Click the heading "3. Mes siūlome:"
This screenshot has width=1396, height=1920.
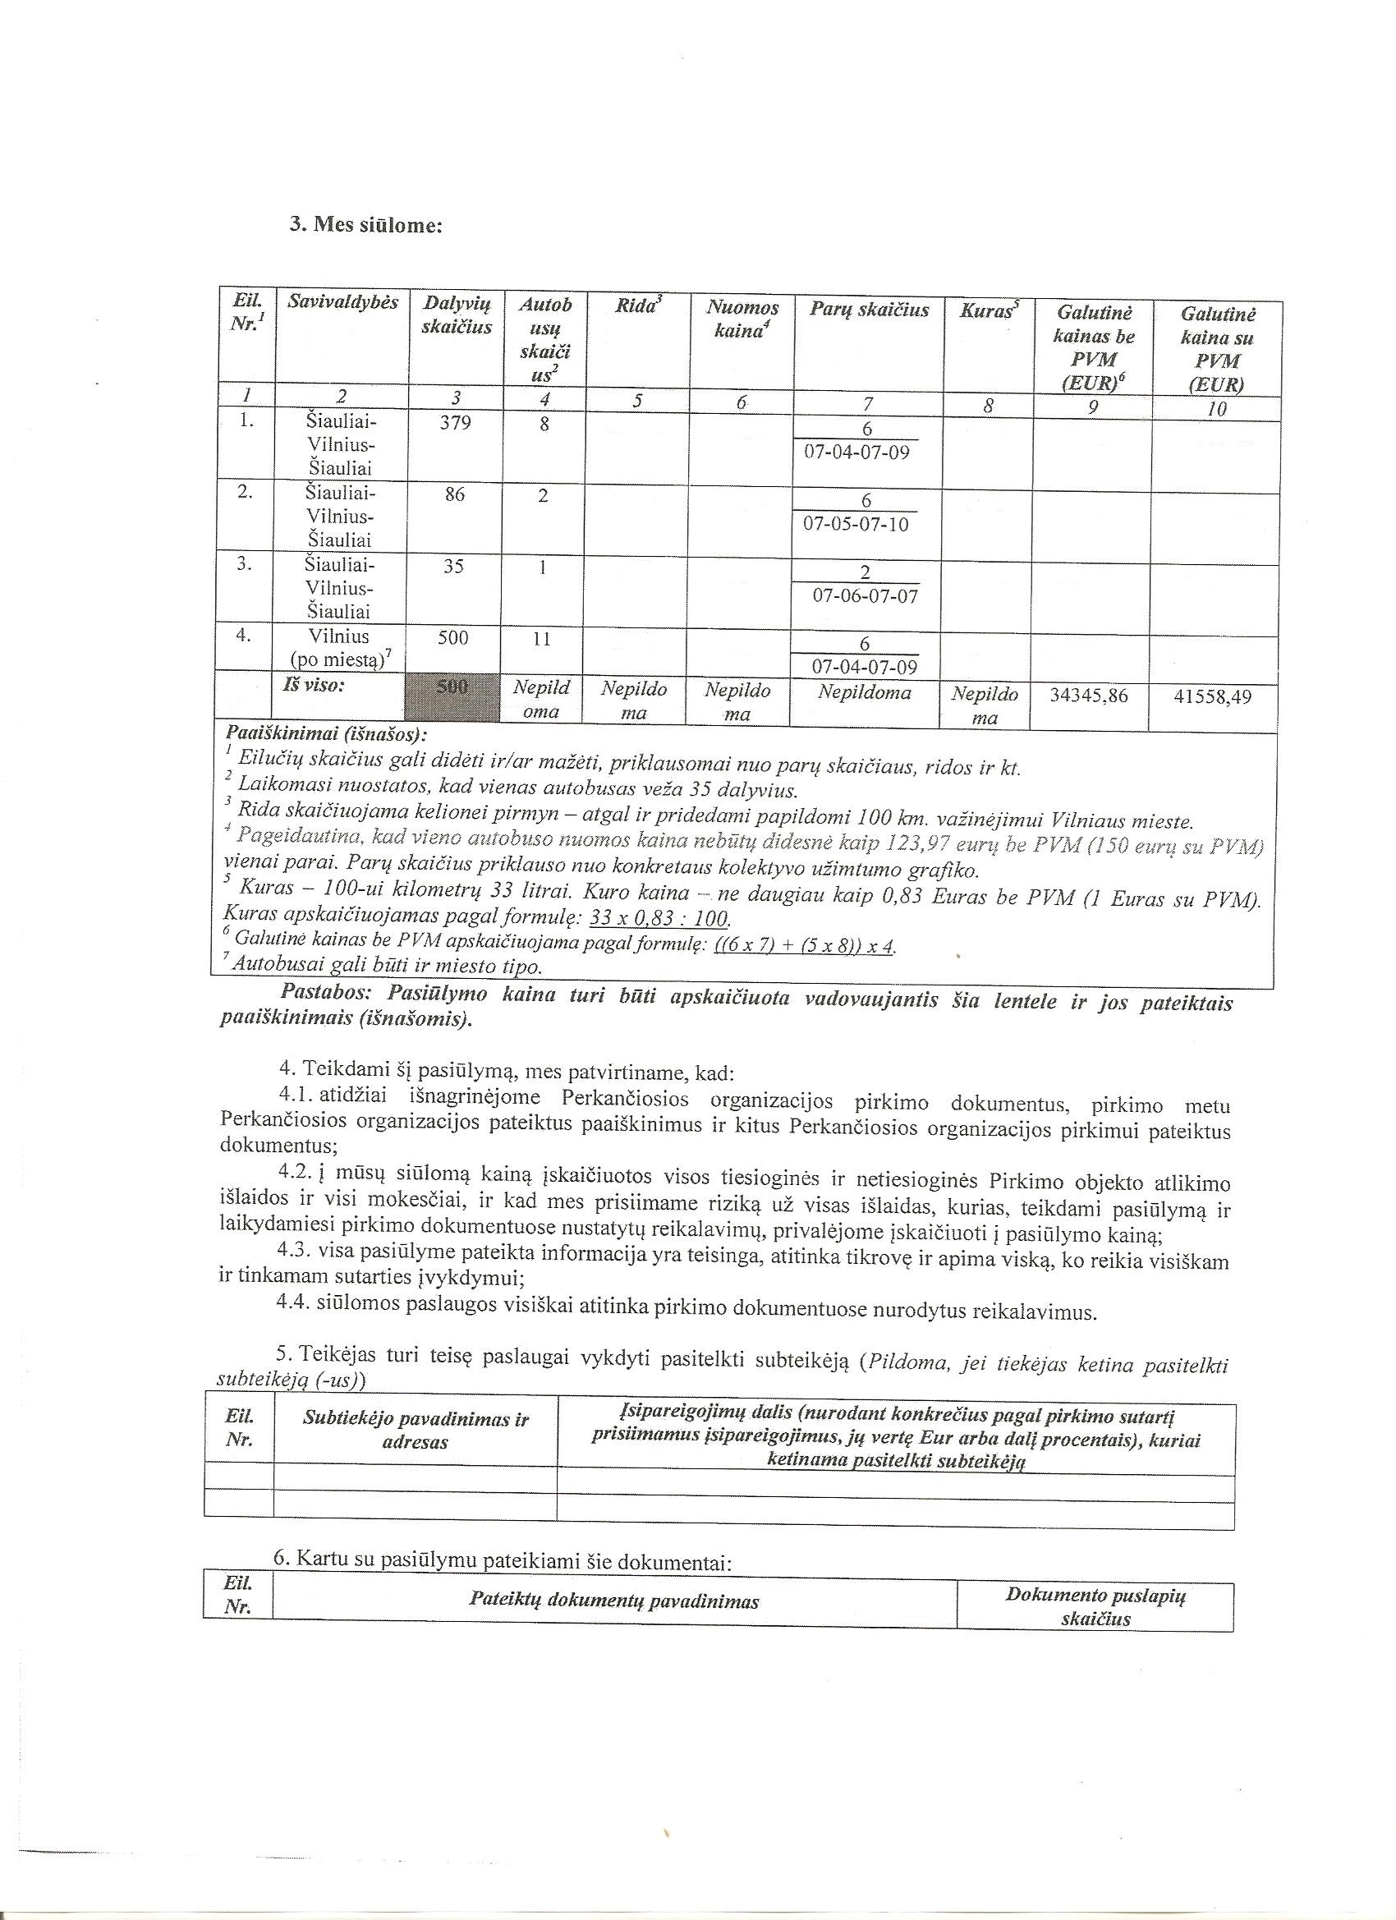tap(365, 225)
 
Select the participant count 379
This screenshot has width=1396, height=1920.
tap(455, 421)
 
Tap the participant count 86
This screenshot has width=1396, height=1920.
tap(455, 494)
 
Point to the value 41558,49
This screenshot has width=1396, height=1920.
tap(1212, 696)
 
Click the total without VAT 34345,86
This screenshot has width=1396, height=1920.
tap(1089, 696)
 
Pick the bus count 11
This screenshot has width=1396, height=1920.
tap(542, 639)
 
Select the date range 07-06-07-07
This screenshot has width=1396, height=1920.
tap(865, 596)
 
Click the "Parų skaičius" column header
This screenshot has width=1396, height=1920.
tap(869, 310)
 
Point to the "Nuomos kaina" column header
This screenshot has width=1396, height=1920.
tap(742, 319)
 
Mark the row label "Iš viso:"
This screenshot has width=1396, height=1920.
tap(313, 685)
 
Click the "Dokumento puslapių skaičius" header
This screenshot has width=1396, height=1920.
tap(1095, 1607)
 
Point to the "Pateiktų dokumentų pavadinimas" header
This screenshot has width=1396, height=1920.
tap(613, 1601)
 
